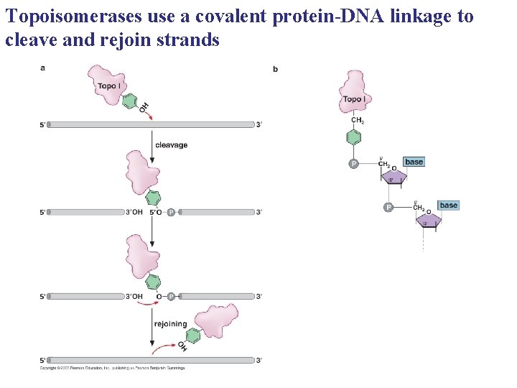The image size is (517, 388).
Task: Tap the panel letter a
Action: coord(43,68)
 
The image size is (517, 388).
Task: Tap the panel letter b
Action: coord(276,69)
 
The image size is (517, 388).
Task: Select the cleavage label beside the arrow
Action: coord(171,145)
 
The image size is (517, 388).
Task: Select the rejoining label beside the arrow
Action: coord(171,324)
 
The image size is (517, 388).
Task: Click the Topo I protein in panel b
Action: coord(353,93)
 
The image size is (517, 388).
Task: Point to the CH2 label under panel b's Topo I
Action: coord(358,121)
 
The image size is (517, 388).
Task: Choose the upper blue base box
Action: coord(414,162)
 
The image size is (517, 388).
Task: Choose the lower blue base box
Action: coord(448,205)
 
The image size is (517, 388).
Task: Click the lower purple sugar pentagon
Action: coord(429,219)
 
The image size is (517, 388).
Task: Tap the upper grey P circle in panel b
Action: coord(353,164)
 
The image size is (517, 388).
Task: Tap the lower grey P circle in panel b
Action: coord(388,208)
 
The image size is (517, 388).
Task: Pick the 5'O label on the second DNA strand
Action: coord(156,212)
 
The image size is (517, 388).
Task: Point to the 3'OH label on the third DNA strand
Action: coord(134,296)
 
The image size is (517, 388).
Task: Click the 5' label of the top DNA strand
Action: coord(42,125)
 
